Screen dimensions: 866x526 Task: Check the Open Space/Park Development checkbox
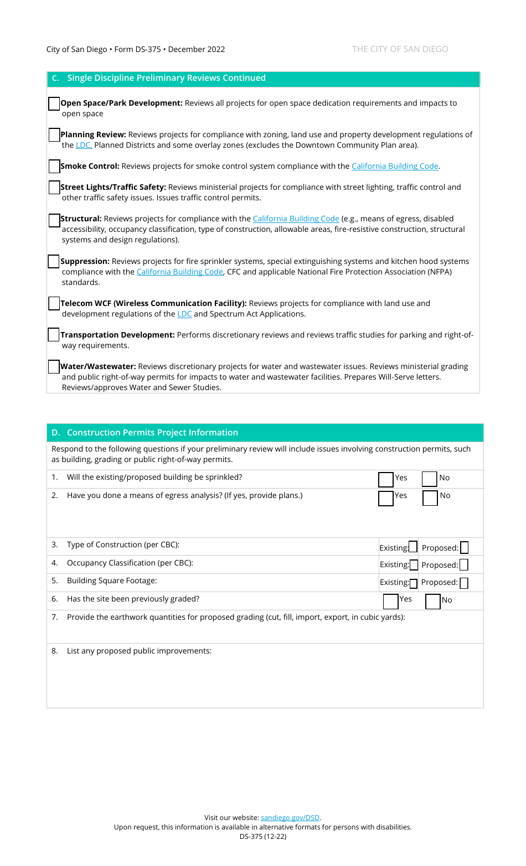point(54,103)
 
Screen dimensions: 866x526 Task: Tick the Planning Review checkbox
point(54,135)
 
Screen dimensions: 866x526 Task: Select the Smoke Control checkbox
point(54,167)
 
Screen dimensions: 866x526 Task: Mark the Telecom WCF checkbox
point(54,303)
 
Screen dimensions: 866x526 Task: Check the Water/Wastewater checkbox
point(54,366)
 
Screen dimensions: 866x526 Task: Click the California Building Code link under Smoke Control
point(395,166)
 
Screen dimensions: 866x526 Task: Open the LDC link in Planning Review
point(84,145)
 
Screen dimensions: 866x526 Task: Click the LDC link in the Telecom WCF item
point(184,314)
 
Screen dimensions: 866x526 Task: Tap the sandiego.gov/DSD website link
point(290,817)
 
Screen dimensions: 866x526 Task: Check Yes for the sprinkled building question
point(386,479)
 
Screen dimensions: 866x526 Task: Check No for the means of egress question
point(430,497)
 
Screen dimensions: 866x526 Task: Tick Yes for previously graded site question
point(390,601)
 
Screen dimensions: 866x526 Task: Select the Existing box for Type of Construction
point(413,547)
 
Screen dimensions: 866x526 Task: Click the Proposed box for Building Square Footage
point(464,583)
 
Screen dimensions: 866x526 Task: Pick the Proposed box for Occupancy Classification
point(464,565)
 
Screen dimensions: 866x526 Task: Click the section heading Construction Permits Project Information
point(152,433)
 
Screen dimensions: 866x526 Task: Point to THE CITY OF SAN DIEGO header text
point(400,49)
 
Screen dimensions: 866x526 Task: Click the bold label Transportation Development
point(117,335)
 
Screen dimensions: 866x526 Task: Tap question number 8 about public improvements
point(139,651)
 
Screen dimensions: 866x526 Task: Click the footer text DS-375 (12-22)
point(263,836)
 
